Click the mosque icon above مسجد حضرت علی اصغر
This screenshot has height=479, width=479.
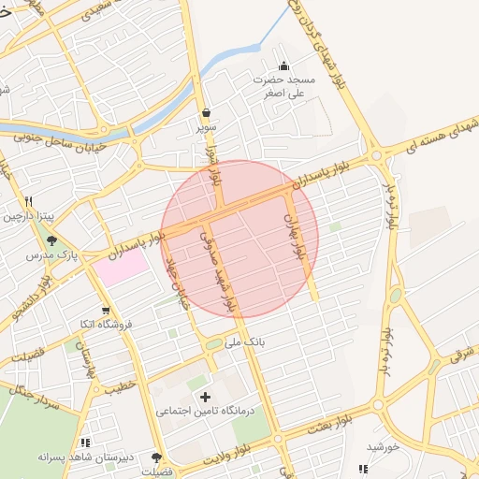tap(284, 65)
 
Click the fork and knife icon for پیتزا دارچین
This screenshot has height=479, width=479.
tap(29, 200)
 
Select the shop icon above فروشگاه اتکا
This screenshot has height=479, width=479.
tap(106, 310)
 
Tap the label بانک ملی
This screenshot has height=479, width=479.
tap(248, 342)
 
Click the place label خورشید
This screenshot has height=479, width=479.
tap(383, 447)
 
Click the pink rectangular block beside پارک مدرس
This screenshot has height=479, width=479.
tap(120, 268)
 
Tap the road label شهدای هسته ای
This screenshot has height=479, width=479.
tap(440, 134)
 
